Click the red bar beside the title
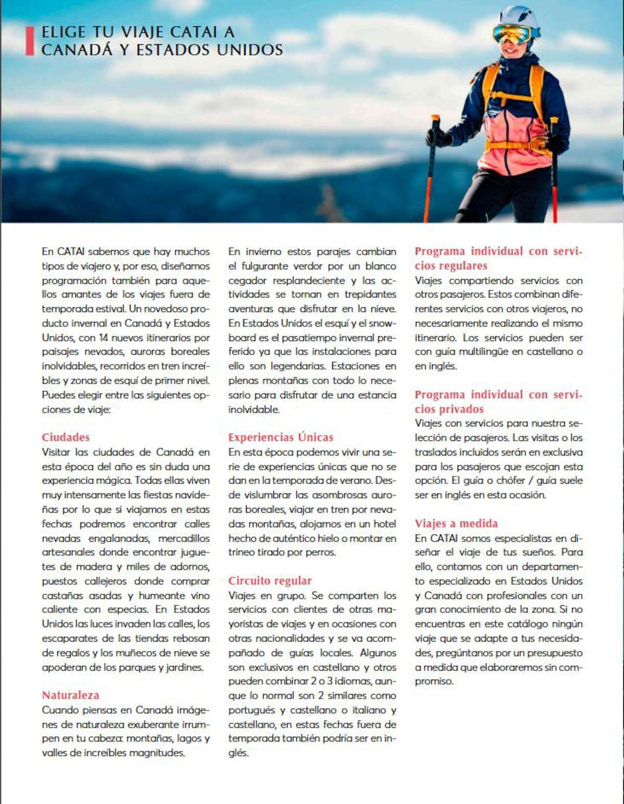coord(29,41)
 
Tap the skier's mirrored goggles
coord(512,34)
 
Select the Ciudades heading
coord(66,437)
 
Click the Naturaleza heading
coord(70,695)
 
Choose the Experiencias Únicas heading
coord(280,437)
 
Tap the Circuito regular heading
coord(269,581)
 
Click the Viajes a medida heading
coord(456,524)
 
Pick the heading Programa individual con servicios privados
coord(498,401)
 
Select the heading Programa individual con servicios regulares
coord(498,258)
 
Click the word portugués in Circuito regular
coord(252,710)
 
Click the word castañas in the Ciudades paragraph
coord(60,595)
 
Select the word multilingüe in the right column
coord(484,352)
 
